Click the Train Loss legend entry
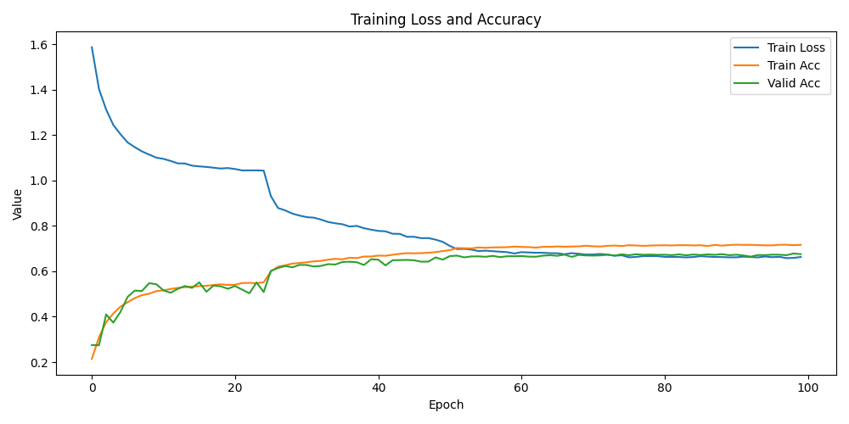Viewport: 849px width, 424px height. (x=796, y=47)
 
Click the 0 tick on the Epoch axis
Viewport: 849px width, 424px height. (x=92, y=388)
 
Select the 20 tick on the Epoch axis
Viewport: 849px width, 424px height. (x=235, y=388)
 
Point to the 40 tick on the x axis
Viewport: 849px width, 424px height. (x=379, y=388)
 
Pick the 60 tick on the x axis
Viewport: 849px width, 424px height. (x=521, y=388)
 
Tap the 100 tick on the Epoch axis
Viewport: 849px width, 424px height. (x=808, y=388)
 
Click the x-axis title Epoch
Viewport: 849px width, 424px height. (x=446, y=405)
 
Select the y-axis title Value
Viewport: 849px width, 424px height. (x=18, y=204)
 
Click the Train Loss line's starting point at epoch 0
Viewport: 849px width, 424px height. (x=92, y=47)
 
